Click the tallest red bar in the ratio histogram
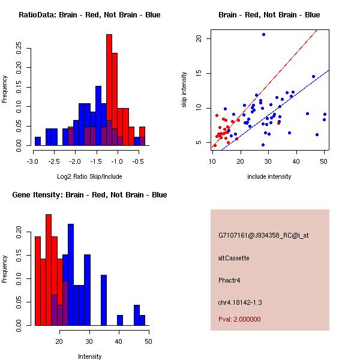click(x=109, y=90)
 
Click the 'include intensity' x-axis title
click(x=269, y=176)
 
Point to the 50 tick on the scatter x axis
click(x=324, y=161)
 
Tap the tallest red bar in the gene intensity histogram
click(x=49, y=270)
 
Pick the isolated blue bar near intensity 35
click(x=104, y=300)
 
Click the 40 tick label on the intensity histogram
click(x=119, y=341)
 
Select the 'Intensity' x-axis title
click(x=89, y=356)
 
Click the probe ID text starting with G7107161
click(x=263, y=236)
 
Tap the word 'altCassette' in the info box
click(x=233, y=258)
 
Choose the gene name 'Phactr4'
click(x=230, y=280)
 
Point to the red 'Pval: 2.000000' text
click(x=239, y=319)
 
